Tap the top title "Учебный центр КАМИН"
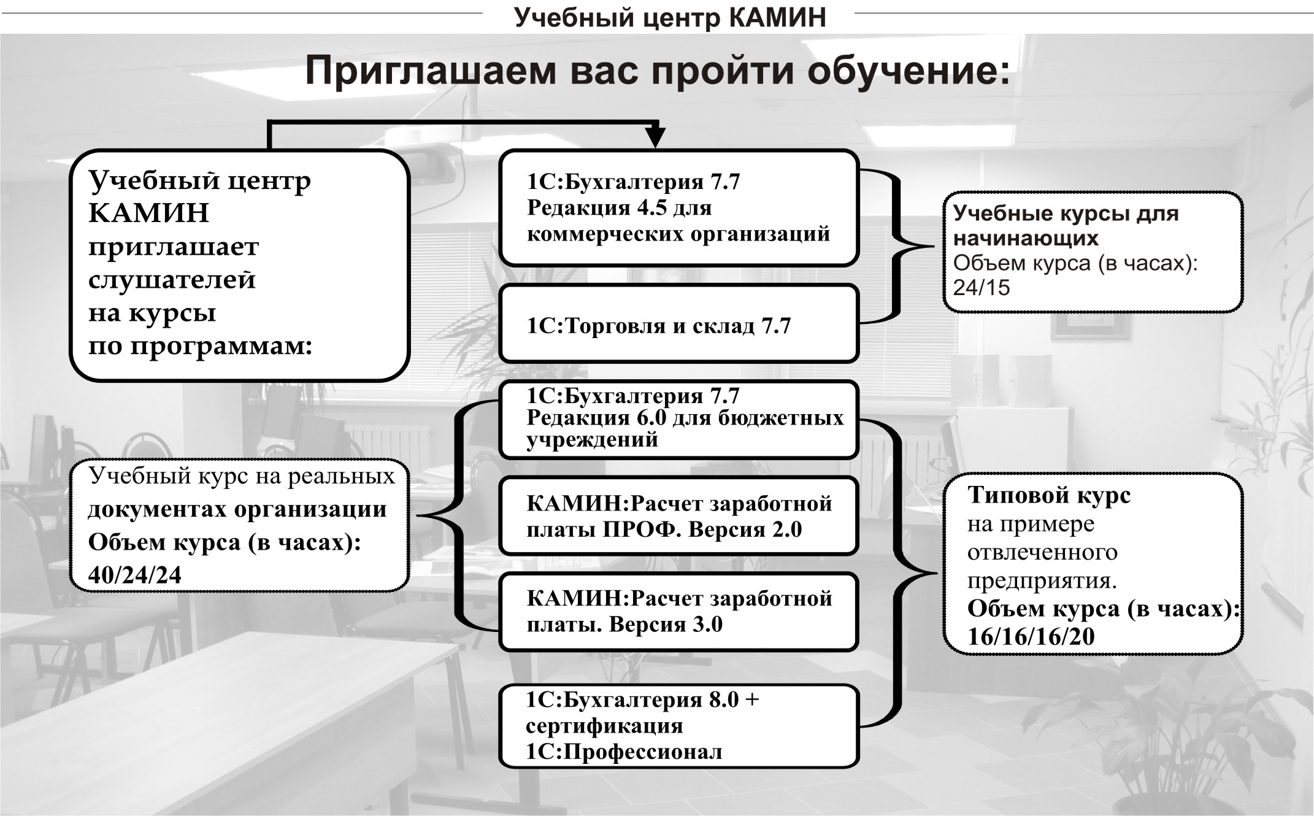pos(670,18)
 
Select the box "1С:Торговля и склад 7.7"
pos(679,323)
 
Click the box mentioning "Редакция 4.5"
pos(679,208)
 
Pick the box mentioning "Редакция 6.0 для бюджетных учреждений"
pos(679,420)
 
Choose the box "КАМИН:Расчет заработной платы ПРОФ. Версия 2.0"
pos(679,516)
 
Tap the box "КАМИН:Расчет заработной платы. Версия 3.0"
pos(679,612)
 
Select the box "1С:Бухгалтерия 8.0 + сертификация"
pos(679,726)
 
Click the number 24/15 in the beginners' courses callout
pos(982,288)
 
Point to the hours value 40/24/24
pos(135,575)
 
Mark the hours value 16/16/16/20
pos(1031,637)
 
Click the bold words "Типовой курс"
pos(1049,495)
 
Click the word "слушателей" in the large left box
pos(172,280)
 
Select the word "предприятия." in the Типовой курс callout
pos(1042,580)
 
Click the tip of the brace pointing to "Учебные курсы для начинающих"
pos(933,246)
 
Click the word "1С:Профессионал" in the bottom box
pos(624,752)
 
